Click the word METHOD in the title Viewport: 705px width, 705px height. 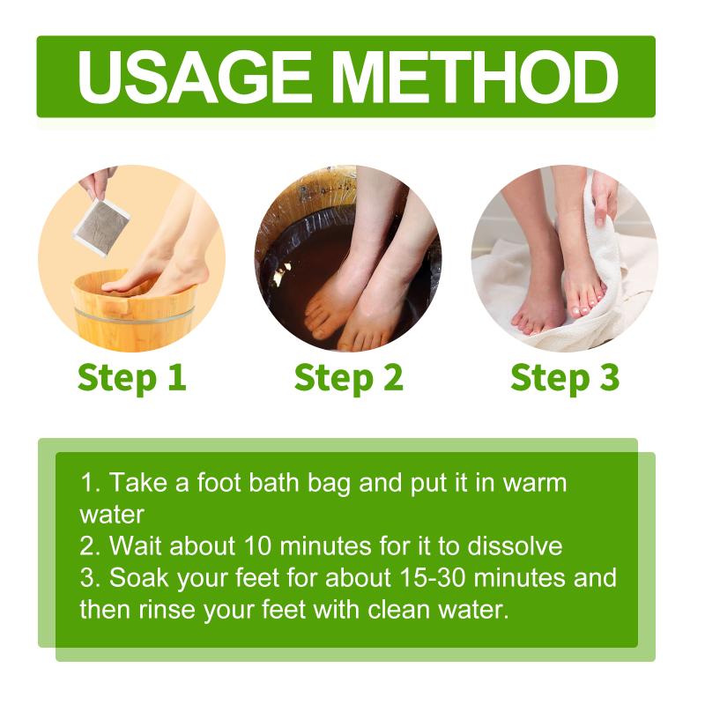(x=475, y=78)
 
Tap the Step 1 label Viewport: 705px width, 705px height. (x=131, y=379)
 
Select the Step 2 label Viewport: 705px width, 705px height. (x=348, y=379)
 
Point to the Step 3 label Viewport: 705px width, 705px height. (x=565, y=379)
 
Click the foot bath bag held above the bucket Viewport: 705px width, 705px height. (x=101, y=228)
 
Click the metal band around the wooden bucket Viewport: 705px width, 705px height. (x=134, y=315)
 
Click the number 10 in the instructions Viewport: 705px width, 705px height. (x=258, y=545)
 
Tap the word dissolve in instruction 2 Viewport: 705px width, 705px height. (x=515, y=545)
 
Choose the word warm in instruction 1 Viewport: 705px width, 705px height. (x=535, y=483)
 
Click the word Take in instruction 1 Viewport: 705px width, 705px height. (x=138, y=482)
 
